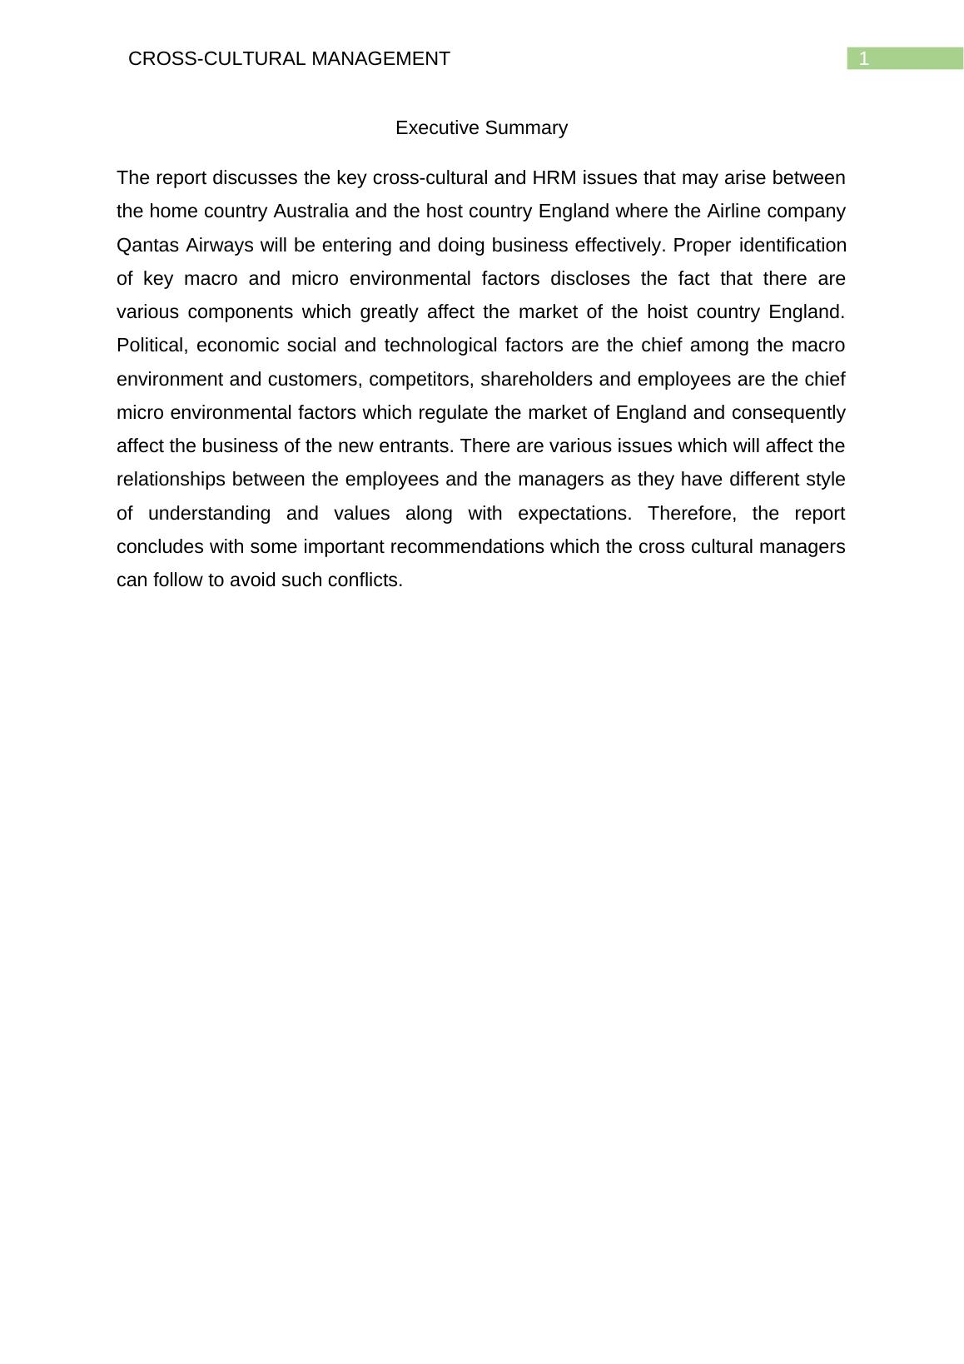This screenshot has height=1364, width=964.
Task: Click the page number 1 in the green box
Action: tap(864, 58)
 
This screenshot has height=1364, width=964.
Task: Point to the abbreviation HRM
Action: tap(549, 178)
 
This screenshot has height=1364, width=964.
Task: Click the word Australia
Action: tap(311, 212)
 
